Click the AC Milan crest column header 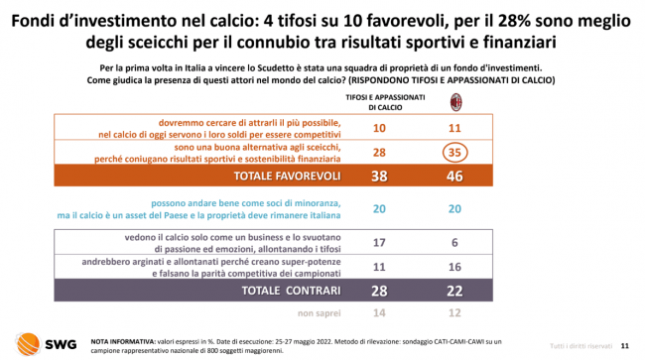(455, 102)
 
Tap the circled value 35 (454, 153)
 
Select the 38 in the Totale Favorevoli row (379, 176)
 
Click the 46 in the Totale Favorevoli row (454, 176)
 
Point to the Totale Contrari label (291, 291)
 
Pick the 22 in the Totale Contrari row (454, 291)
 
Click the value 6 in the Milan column (454, 242)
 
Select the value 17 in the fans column (379, 242)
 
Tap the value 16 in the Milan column (454, 267)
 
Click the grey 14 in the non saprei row (379, 312)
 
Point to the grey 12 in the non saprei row (454, 312)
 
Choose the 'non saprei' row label (320, 313)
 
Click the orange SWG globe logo (28, 343)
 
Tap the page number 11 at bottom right (624, 346)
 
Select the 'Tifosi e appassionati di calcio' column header (385, 102)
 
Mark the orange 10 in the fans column (379, 128)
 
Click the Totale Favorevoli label (287, 176)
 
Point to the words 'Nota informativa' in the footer (123, 341)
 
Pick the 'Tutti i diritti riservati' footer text (580, 346)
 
